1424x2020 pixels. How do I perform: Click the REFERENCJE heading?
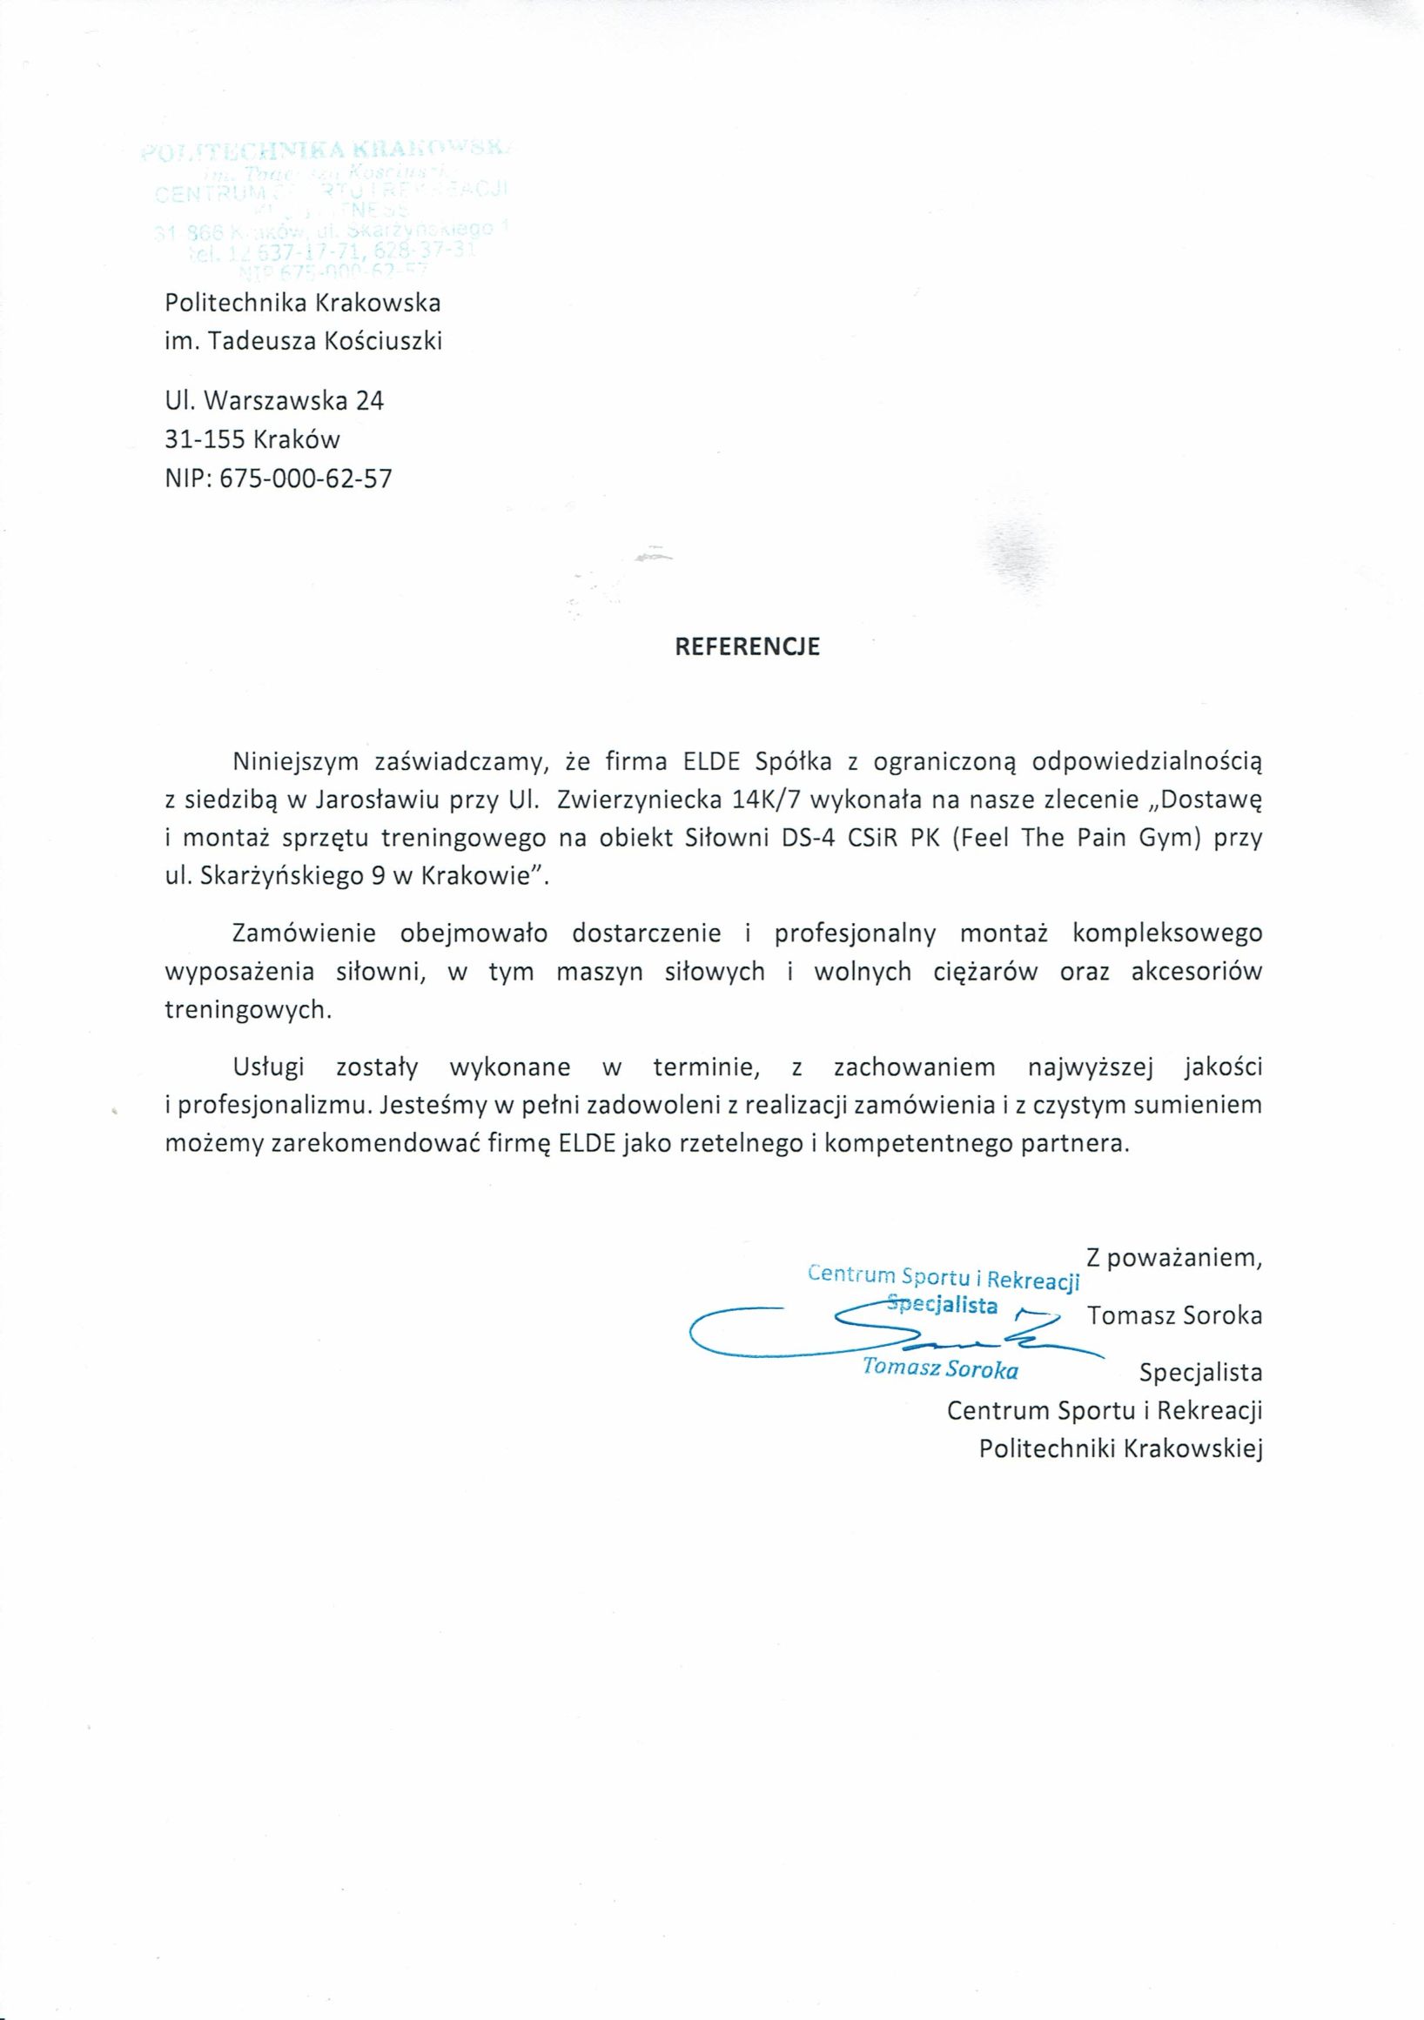click(746, 647)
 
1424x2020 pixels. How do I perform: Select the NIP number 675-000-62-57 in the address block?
click(306, 479)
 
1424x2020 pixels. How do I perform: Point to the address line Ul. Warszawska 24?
click(274, 401)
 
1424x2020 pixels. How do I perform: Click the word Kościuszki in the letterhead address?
click(383, 341)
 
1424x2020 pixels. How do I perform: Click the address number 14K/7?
click(766, 799)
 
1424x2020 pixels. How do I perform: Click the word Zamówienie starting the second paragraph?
click(304, 933)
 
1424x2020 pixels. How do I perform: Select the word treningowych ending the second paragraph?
click(247, 1010)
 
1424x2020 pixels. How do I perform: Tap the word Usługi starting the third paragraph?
click(268, 1067)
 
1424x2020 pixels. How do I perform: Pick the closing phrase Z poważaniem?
click(1174, 1257)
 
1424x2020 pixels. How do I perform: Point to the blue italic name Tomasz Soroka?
click(940, 1369)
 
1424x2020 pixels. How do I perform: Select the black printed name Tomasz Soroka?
click(1174, 1315)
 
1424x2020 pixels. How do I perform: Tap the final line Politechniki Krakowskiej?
click(1120, 1449)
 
